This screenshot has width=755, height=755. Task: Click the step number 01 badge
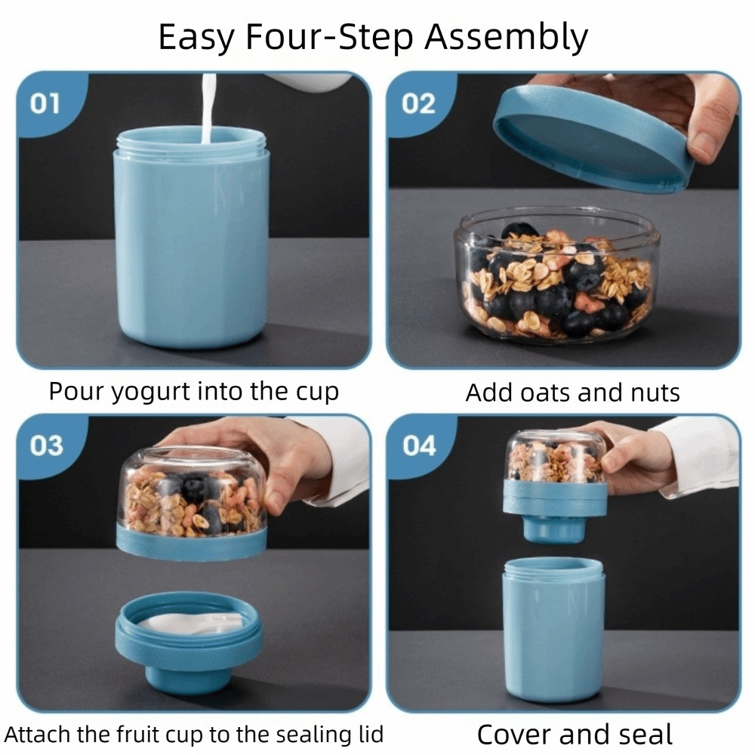45,103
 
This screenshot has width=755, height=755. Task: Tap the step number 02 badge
418,103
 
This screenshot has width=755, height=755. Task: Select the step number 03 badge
46,445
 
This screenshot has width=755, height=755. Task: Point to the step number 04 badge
419,445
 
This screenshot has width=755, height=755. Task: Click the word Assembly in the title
506,38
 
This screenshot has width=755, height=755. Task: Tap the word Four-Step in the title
329,36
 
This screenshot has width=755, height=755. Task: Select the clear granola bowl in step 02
556,276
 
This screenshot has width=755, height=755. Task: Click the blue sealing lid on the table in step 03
189,639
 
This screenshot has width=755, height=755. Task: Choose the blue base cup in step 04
553,629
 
